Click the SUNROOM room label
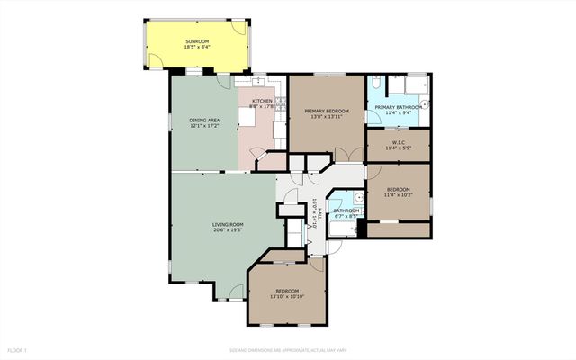(x=197, y=41)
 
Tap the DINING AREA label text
(x=204, y=121)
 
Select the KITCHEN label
(x=262, y=101)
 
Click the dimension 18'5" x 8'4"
(x=197, y=47)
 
